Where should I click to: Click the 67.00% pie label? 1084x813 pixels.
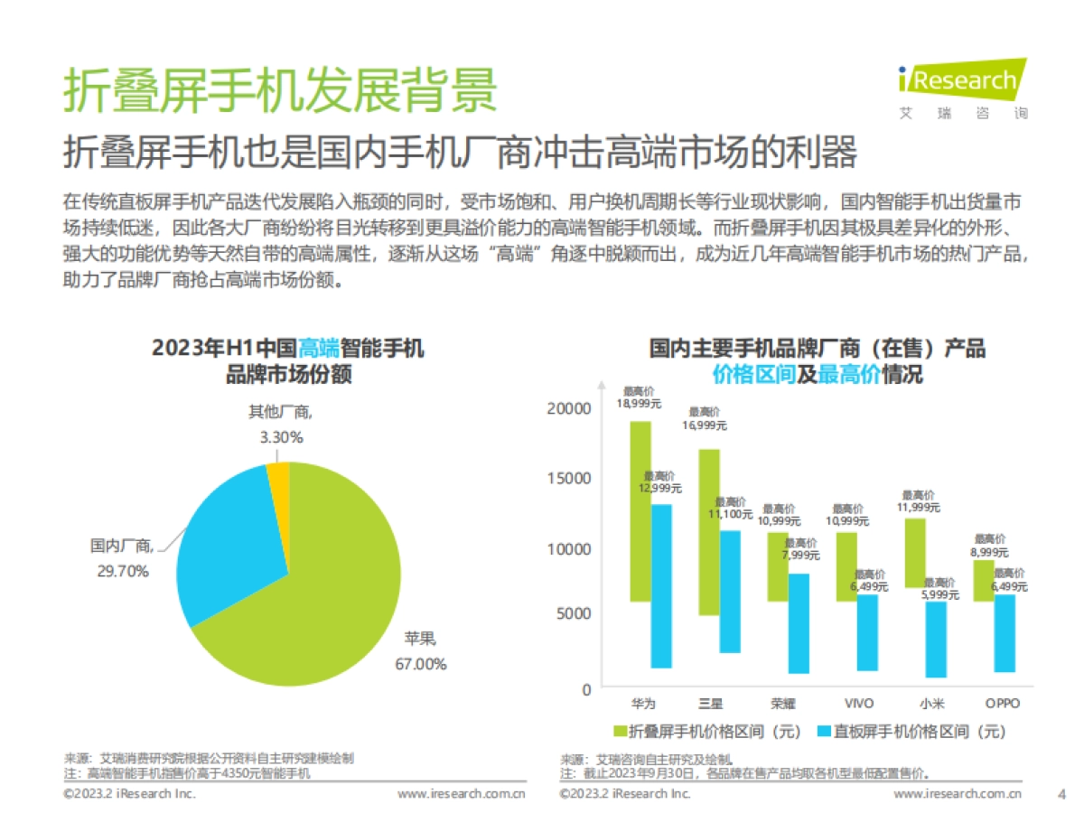tap(420, 664)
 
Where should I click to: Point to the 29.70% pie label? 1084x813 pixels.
tap(123, 571)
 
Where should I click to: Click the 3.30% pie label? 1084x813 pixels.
tap(281, 437)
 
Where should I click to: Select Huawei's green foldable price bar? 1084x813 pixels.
tap(640, 510)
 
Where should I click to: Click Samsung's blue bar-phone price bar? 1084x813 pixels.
tap(731, 592)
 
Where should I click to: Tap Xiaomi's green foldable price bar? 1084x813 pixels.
tap(915, 553)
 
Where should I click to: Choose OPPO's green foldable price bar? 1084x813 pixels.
tap(984, 580)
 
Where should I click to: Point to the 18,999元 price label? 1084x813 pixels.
tap(640, 403)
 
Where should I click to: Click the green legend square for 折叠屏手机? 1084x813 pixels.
tap(620, 731)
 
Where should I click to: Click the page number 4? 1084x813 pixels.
tap(1061, 794)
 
